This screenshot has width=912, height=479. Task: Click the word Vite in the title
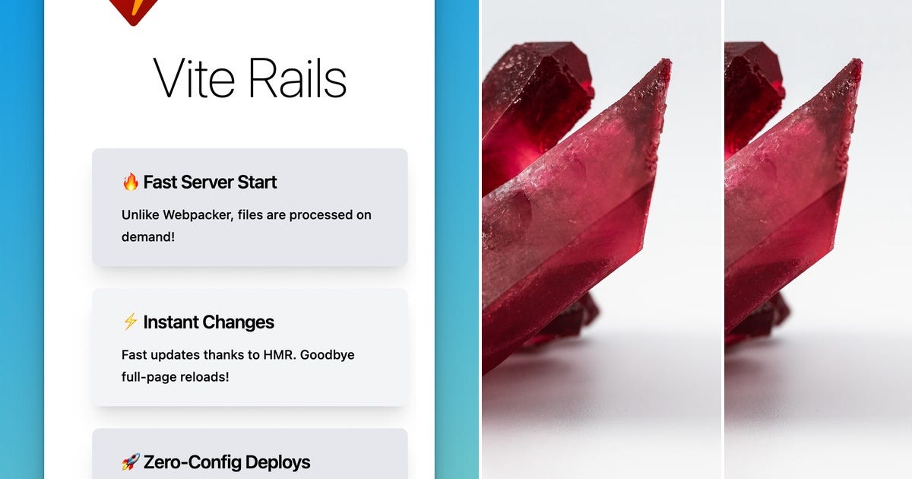[195, 78]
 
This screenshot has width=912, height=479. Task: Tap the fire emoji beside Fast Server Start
[130, 182]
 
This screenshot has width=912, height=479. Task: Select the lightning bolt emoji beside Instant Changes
[130, 322]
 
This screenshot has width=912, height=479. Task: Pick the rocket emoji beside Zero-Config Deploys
[130, 462]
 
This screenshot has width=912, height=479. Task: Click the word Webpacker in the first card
[194, 215]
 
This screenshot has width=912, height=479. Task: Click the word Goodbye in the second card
[328, 355]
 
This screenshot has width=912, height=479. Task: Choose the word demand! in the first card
[148, 236]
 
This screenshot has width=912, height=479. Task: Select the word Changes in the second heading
[237, 322]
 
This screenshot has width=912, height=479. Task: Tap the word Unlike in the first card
[141, 215]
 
